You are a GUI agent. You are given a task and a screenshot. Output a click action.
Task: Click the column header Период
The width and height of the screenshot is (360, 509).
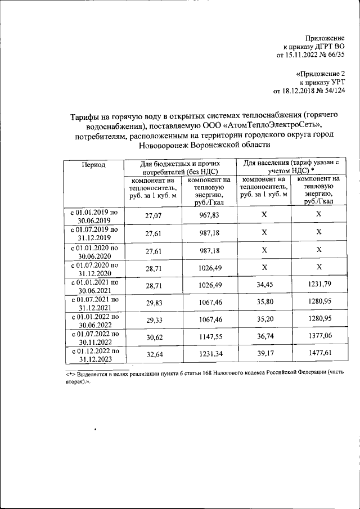point(93,165)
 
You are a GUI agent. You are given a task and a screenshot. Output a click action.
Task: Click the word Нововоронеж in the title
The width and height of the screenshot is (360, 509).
point(165,145)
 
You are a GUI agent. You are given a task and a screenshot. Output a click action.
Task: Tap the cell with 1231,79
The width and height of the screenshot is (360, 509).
point(318,285)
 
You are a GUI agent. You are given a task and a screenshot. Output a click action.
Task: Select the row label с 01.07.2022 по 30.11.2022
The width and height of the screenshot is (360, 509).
point(93,337)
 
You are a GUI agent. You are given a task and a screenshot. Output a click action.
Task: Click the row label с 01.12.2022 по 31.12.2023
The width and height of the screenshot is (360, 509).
point(93,355)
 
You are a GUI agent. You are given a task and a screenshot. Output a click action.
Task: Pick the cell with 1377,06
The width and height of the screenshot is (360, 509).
point(318,337)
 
